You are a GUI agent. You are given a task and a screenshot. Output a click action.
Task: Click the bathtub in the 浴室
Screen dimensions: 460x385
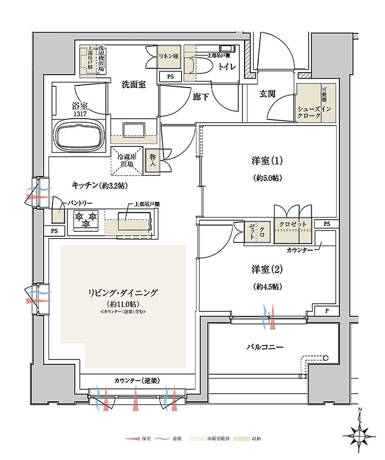(x=80, y=134)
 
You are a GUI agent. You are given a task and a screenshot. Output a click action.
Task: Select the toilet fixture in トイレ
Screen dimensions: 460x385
(x=196, y=66)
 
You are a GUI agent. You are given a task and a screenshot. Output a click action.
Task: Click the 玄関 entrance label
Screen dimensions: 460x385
(x=267, y=93)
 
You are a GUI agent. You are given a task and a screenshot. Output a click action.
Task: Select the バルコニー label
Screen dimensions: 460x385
(x=265, y=347)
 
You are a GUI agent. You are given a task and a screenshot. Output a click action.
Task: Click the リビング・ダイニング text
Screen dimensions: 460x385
(x=123, y=293)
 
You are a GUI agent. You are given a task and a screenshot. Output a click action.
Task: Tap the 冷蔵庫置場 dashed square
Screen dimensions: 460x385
(x=127, y=160)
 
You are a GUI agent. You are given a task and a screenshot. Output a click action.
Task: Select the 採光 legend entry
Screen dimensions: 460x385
(x=136, y=438)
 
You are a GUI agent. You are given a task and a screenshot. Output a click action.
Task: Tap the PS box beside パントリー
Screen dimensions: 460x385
(x=55, y=231)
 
